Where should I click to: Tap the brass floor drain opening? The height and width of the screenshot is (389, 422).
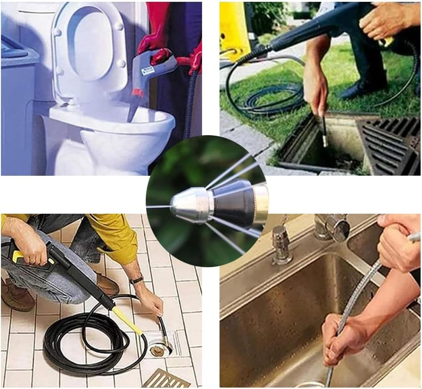click(x=156, y=350)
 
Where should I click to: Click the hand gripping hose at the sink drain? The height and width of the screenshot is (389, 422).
click(x=340, y=339)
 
